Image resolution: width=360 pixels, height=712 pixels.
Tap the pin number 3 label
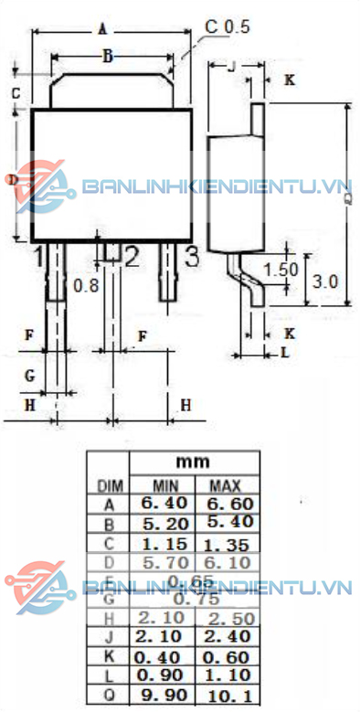coord(192,257)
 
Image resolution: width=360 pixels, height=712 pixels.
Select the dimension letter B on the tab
coord(107,57)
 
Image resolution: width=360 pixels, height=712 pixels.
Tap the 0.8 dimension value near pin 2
coord(86,284)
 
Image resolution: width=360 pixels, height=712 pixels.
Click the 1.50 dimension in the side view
coord(281,270)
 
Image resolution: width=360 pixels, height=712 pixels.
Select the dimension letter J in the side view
coord(231,66)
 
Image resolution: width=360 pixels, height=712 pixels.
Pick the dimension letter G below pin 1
coord(29,375)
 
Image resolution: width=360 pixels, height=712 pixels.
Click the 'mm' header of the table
coord(193,462)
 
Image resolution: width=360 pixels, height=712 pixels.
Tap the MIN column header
coord(164,484)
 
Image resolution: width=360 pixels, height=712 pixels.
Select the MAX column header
coord(223,484)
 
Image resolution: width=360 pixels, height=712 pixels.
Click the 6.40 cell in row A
coord(164,503)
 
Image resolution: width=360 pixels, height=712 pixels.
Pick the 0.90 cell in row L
coord(164,675)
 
